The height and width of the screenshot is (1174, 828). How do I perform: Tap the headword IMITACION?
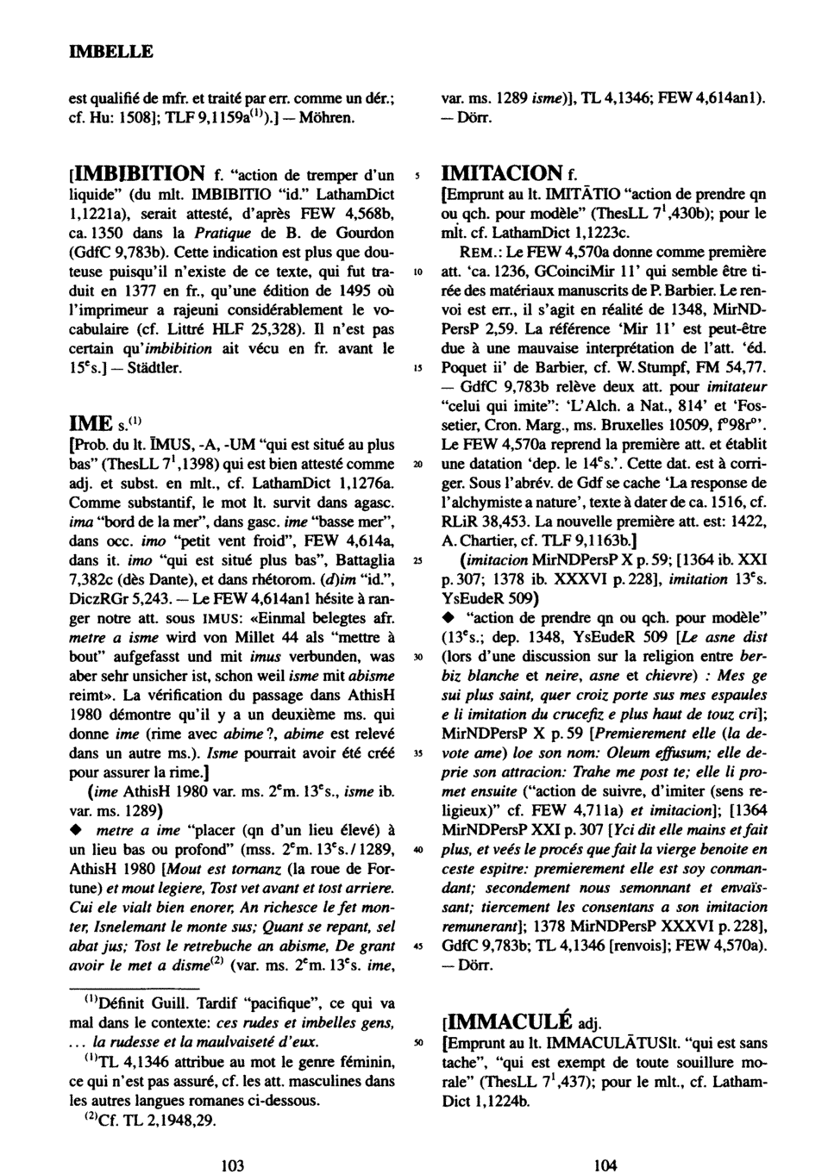(500, 173)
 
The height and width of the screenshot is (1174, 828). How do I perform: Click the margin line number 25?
(417, 559)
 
